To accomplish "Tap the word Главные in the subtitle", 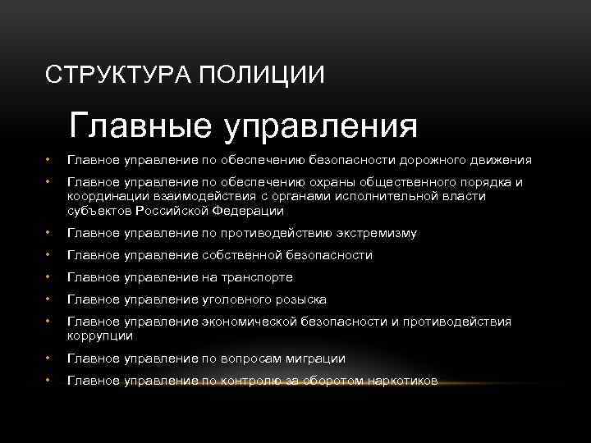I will (x=139, y=126).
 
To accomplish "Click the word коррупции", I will (x=100, y=336).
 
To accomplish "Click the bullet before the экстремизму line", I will (x=49, y=234).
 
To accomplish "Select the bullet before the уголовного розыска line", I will (x=49, y=300).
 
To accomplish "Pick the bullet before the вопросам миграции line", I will (x=49, y=359).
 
